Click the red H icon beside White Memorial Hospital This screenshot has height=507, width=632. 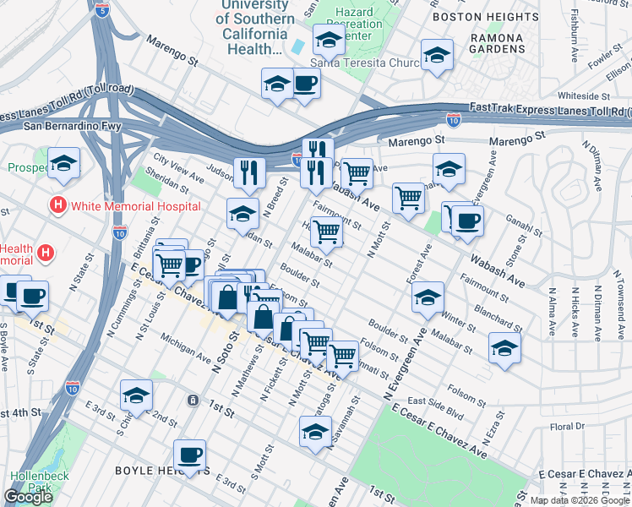click(57, 205)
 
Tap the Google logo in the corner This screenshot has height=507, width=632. click(29, 497)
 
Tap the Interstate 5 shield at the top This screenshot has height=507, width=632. click(103, 11)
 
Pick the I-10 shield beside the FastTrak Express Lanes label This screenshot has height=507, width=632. click(454, 121)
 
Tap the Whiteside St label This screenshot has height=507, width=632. click(584, 96)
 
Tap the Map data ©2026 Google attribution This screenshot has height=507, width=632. click(579, 499)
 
